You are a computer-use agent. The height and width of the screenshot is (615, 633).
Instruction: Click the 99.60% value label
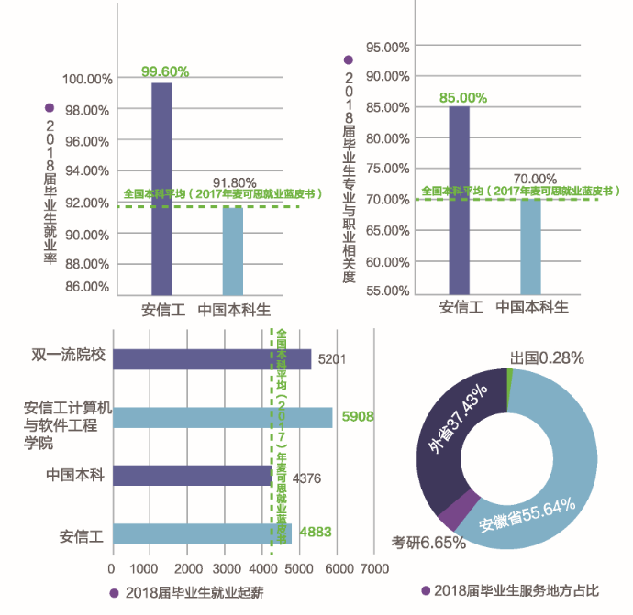coord(166,71)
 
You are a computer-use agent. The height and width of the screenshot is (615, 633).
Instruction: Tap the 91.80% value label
coord(235,183)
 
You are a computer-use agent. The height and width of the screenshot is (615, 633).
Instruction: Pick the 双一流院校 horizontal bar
coord(212,359)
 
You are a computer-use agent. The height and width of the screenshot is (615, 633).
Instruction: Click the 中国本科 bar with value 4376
coord(192,476)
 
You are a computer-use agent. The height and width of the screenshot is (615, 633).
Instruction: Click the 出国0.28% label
coord(547,357)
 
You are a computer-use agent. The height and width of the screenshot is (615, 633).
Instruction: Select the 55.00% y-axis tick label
coord(387,291)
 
